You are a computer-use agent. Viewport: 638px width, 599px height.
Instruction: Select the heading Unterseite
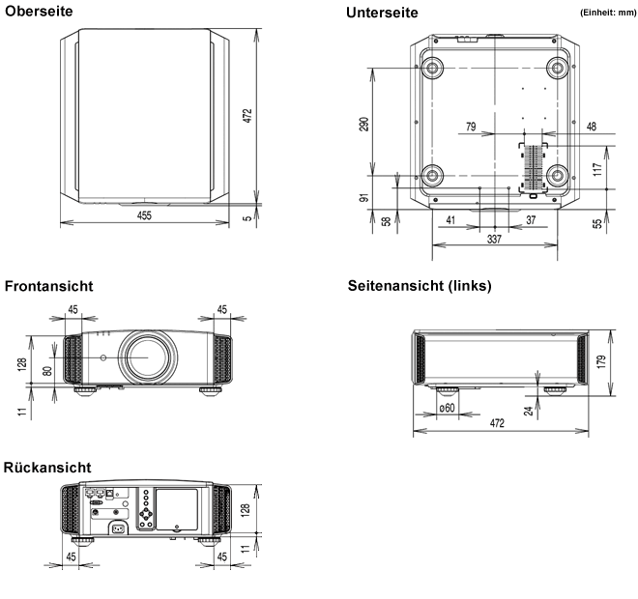point(382,13)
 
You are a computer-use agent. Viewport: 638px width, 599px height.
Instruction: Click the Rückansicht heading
point(47,467)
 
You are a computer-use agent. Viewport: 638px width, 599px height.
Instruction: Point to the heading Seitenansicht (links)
point(420,286)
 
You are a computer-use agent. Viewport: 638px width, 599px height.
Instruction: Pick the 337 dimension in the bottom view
point(494,240)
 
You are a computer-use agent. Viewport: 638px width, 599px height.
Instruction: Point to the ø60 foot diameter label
point(448,408)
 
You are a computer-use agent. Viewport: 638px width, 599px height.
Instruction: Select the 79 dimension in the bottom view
point(471,127)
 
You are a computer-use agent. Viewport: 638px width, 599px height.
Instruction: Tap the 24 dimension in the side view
point(529,409)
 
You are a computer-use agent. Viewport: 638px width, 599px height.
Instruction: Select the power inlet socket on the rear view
point(120,528)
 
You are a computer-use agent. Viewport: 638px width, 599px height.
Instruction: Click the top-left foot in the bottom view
point(431,68)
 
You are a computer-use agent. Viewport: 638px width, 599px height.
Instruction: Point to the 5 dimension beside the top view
point(247,218)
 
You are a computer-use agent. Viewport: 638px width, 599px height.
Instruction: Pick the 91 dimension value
point(364,197)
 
